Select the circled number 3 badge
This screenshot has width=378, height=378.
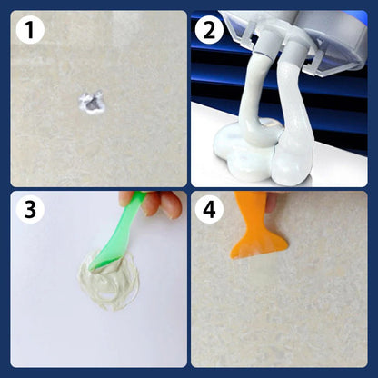click(30, 210)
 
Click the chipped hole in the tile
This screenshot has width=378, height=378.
click(92, 103)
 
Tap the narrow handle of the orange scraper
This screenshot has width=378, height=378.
click(249, 204)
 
